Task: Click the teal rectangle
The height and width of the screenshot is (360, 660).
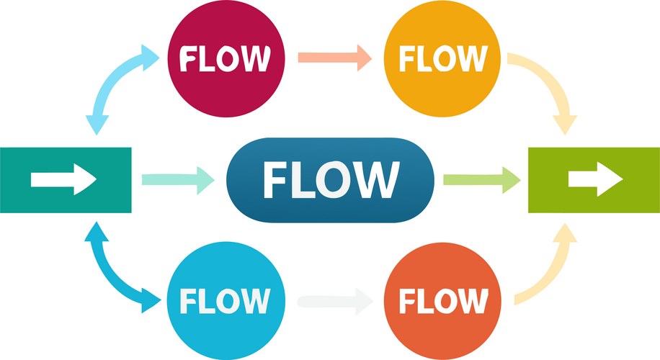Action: click(x=66, y=180)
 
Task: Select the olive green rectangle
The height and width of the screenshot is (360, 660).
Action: click(x=594, y=180)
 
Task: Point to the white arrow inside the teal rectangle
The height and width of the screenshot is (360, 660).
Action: click(x=63, y=180)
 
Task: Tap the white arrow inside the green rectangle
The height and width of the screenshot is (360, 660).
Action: click(x=595, y=180)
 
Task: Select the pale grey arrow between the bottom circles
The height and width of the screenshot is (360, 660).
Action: click(x=333, y=300)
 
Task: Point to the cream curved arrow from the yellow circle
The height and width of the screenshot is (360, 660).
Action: click(x=551, y=90)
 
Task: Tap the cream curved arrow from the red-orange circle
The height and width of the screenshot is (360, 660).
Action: click(x=551, y=270)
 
